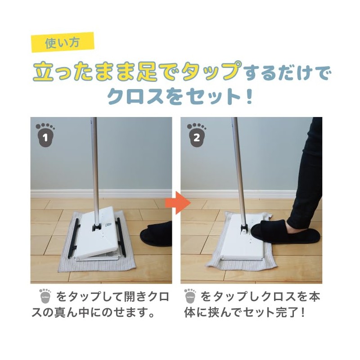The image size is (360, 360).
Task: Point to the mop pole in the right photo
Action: point(239,166)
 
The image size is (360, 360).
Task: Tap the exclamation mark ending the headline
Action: point(249,96)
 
